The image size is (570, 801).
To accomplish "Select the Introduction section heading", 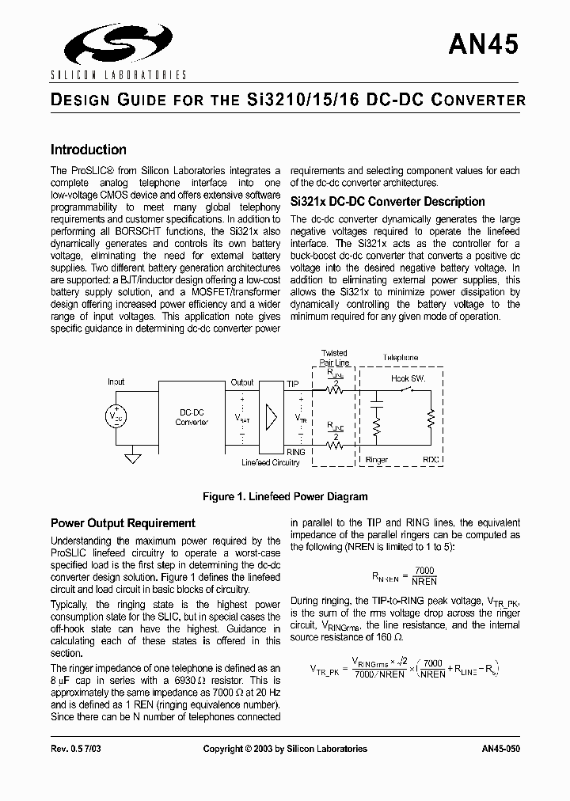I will (x=88, y=150).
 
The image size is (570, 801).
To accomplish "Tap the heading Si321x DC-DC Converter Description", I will (x=388, y=201).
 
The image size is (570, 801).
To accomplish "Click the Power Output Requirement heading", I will (x=123, y=523).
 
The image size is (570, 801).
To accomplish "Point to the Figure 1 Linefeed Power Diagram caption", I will (x=285, y=497).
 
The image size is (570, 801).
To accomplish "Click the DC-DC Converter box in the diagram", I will (x=192, y=417).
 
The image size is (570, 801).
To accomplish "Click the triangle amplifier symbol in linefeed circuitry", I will (x=272, y=416).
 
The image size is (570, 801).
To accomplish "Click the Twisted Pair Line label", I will (x=334, y=358).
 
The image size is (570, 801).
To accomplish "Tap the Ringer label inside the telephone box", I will (x=377, y=460).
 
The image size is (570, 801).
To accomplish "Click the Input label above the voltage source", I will (x=116, y=382).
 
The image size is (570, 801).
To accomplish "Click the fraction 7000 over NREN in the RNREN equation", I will (x=424, y=575).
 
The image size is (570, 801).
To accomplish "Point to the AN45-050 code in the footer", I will (x=500, y=749).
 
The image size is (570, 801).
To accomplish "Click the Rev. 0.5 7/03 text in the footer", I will (x=76, y=749).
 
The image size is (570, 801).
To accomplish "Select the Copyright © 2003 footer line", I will (x=285, y=749).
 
